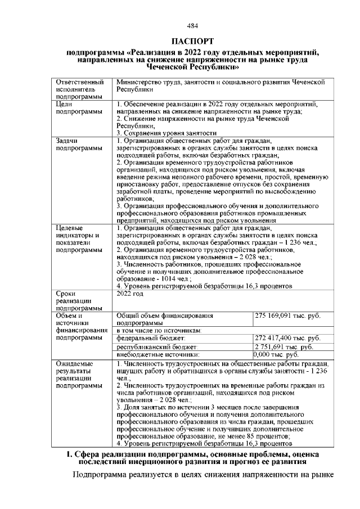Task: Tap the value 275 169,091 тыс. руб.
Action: coord(287,316)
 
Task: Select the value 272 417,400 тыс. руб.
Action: coord(287,338)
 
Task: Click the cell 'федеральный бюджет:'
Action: coord(150,339)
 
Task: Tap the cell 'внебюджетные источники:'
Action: coord(158,355)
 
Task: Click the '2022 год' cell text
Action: coord(130,294)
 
